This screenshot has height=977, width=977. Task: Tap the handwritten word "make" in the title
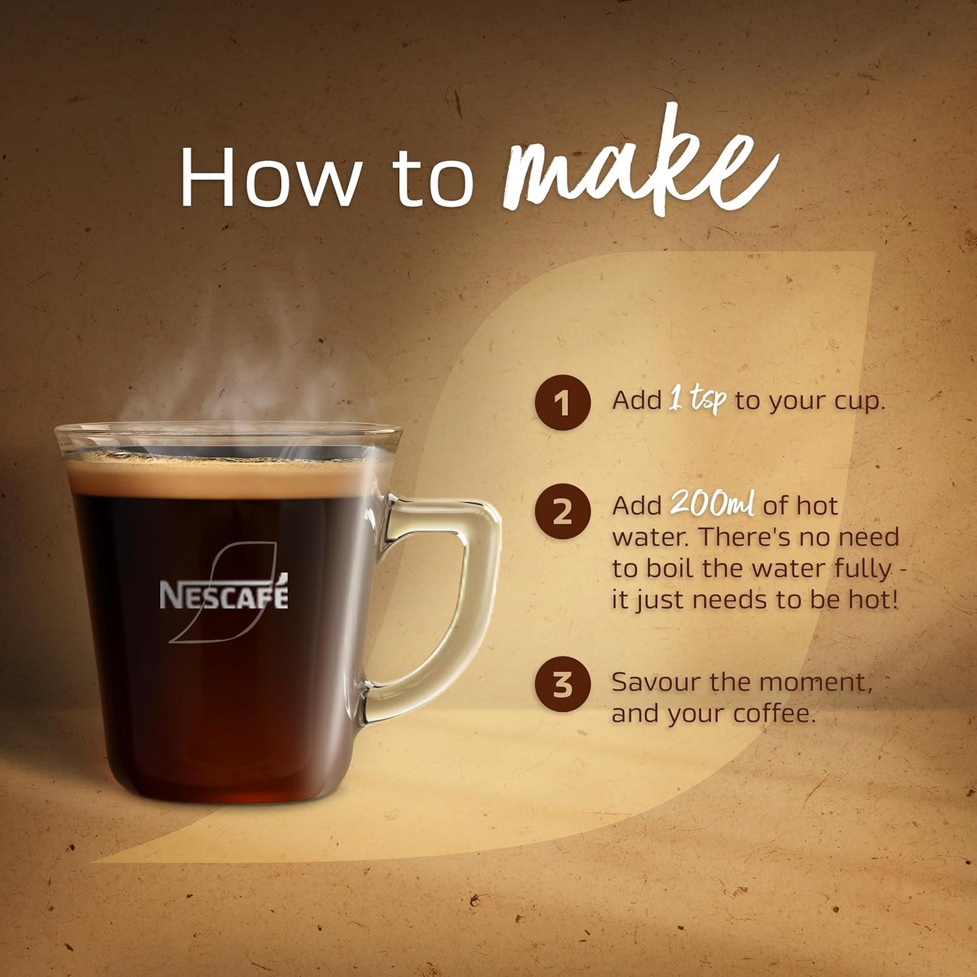(639, 166)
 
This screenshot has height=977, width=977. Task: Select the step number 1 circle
(563, 403)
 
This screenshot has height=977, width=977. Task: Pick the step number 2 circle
(563, 512)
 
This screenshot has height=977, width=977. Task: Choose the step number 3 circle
(563, 684)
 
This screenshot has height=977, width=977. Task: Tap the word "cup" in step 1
(857, 402)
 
